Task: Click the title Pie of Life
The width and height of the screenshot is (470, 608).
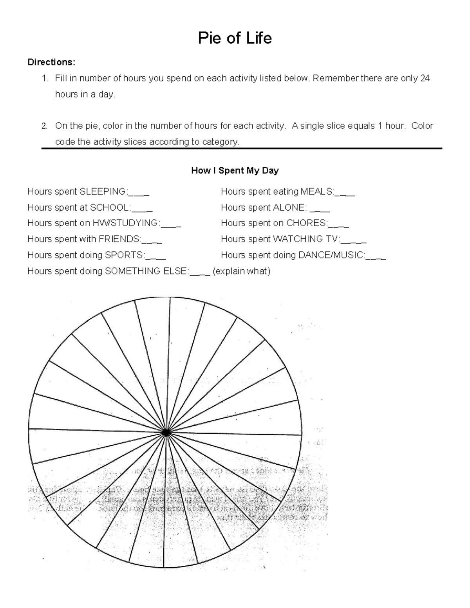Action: [235, 38]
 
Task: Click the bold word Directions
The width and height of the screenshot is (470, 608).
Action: [51, 62]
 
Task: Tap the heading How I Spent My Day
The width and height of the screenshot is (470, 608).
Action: [235, 170]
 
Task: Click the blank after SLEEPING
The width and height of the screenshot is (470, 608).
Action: [139, 193]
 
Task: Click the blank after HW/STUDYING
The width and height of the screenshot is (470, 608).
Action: [171, 224]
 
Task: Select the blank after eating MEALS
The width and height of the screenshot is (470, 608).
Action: [345, 193]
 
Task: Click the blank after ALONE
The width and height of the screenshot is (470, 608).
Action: [320, 209]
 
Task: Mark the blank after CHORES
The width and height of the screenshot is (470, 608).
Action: [338, 224]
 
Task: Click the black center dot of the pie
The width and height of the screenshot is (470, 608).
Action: [166, 432]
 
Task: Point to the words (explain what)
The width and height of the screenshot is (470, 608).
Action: [241, 271]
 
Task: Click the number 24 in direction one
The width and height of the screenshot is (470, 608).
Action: [425, 78]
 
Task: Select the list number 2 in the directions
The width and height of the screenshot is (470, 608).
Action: [45, 126]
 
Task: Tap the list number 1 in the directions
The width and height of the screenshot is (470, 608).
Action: [45, 78]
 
